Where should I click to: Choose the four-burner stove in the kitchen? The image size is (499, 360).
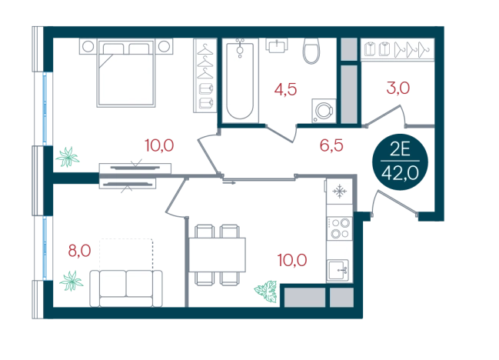[x=338, y=228]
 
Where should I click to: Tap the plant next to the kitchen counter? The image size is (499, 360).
[x=266, y=290]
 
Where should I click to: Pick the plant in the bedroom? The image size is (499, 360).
[x=69, y=157]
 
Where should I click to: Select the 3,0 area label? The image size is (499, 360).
[x=398, y=88]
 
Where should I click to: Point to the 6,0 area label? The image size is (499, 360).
[x=79, y=250]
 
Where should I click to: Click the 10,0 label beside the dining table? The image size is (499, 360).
[x=294, y=260]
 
